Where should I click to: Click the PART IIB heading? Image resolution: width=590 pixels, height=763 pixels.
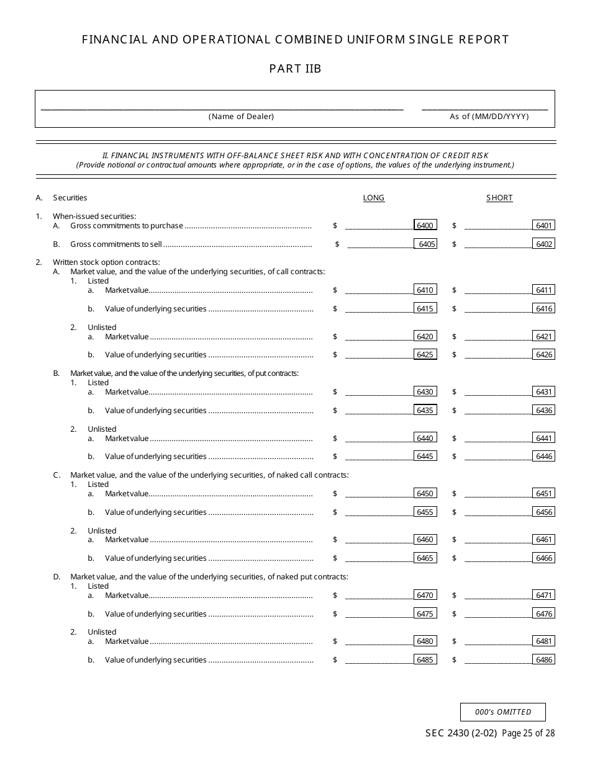[295, 69]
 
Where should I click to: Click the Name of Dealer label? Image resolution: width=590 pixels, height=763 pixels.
[241, 117]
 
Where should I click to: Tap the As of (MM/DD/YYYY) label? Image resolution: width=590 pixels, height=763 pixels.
[489, 117]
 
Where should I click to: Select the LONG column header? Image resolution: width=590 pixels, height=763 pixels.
[373, 198]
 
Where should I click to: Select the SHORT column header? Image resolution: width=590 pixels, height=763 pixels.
[499, 198]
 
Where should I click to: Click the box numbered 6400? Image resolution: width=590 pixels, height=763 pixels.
[425, 225]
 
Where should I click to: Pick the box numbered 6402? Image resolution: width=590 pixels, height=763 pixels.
[544, 244]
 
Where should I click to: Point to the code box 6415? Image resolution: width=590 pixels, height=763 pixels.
[425, 308]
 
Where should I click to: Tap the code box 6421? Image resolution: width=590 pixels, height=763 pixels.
[544, 336]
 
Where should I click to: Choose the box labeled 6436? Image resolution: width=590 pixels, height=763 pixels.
[544, 410]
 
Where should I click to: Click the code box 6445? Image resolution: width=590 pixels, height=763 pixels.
[425, 456]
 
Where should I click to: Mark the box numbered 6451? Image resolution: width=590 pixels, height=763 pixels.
[544, 493]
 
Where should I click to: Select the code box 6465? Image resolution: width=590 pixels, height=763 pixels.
[425, 558]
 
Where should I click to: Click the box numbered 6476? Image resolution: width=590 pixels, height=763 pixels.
[544, 614]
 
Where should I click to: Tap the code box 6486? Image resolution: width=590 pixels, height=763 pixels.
[544, 659]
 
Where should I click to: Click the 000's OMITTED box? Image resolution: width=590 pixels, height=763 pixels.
[503, 712]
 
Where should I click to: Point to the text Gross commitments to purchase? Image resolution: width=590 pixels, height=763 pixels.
[127, 226]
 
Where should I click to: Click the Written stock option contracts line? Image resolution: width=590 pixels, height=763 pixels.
[106, 262]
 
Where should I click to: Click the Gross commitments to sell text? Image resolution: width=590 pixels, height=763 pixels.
[116, 244]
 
